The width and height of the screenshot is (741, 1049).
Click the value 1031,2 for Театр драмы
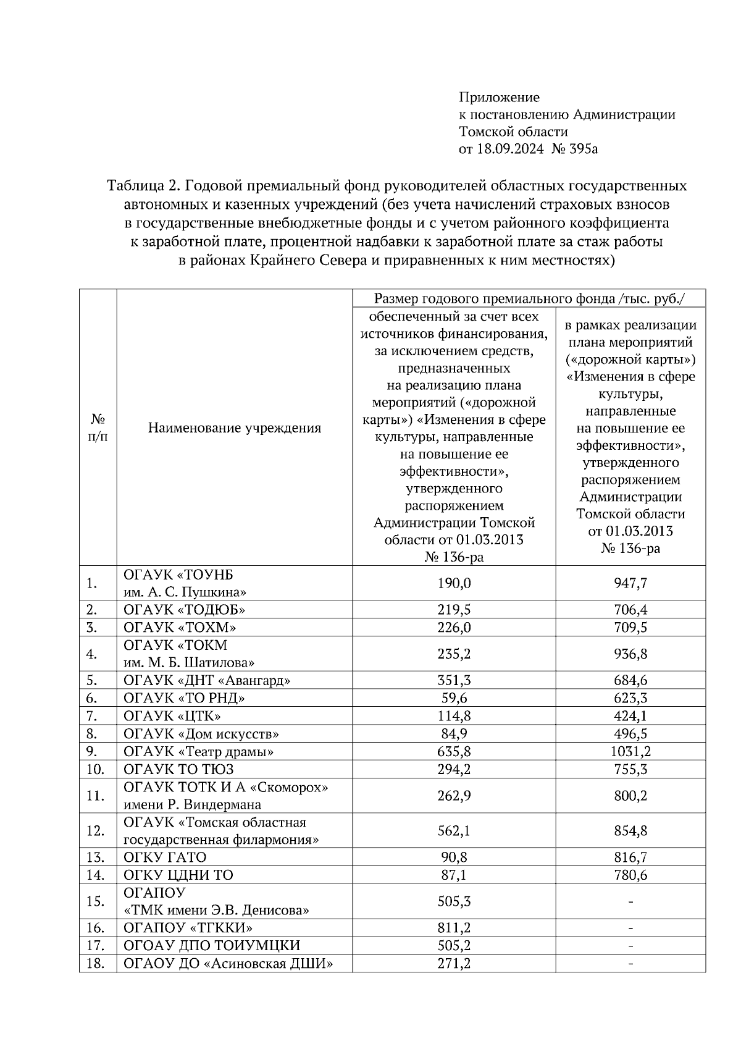pos(630,752)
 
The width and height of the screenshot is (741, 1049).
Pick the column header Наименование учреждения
pos(235,428)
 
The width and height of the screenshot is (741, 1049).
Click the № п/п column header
pos(98,428)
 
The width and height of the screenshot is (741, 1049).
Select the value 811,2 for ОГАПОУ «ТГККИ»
pos(454,928)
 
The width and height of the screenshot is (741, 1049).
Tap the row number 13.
pos(95,857)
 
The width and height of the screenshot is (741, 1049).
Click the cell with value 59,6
pos(454,699)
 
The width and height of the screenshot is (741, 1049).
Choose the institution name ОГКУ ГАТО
pos(165,857)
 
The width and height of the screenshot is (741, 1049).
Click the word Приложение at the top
pos(499,98)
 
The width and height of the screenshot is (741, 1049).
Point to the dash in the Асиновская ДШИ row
pos(630,964)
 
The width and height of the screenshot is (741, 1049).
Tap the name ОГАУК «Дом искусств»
pos(201,735)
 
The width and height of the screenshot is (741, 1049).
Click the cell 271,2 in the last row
pos(454,964)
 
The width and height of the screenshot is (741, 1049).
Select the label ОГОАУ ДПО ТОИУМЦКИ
pos(212,946)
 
